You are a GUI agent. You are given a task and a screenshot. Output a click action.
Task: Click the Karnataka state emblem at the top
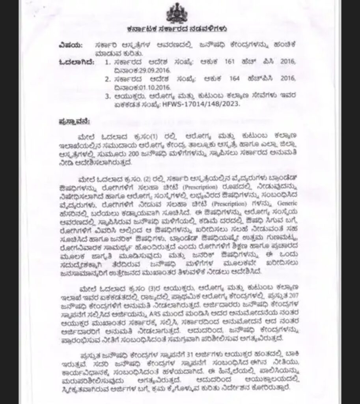177,14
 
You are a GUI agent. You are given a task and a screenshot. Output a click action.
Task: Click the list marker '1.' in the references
107,62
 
